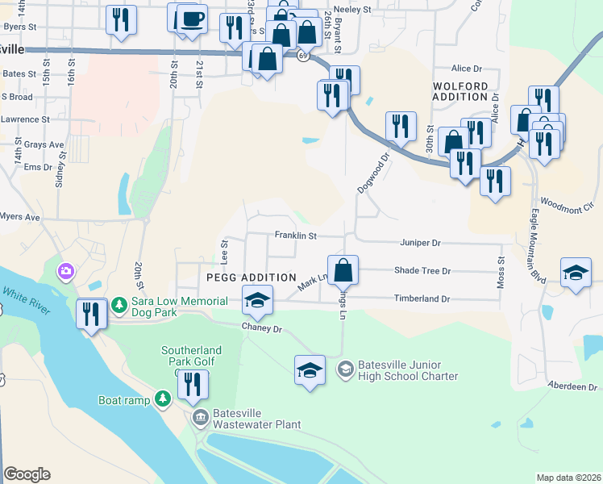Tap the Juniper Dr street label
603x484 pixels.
point(420,242)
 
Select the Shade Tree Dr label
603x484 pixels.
point(422,271)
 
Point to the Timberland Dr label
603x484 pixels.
point(421,298)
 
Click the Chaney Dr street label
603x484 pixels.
point(262,328)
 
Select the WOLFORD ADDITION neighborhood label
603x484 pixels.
point(460,91)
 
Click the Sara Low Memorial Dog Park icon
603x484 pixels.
point(119,304)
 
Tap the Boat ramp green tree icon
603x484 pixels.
point(163,399)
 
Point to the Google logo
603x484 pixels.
point(27,474)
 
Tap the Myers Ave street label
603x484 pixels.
point(19,217)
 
